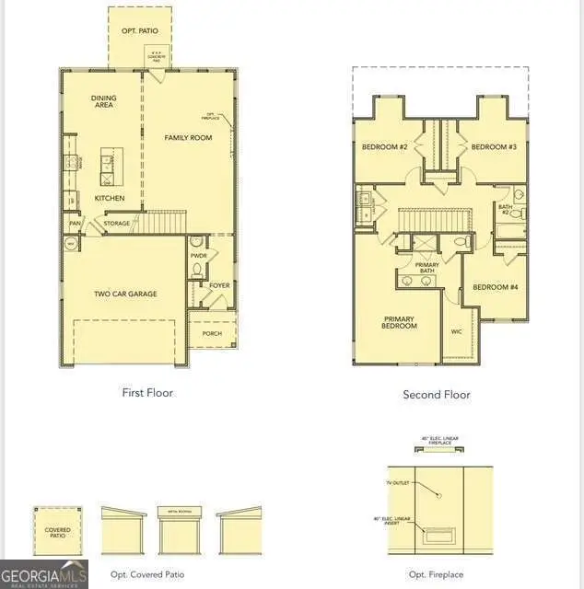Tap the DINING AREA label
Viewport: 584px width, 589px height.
coord(103,102)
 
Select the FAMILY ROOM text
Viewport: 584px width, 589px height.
coord(188,138)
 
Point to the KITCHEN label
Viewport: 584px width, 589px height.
coord(109,198)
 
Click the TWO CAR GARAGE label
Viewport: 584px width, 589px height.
coord(125,294)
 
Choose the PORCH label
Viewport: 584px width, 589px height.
coord(212,334)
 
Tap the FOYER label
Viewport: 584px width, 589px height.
coord(219,285)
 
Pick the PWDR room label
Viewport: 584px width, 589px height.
coord(198,255)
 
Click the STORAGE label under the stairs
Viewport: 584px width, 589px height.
coord(117,224)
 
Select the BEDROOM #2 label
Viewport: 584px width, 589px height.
coord(384,147)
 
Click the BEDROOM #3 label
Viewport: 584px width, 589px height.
coord(494,147)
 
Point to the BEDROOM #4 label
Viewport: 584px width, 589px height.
coord(496,287)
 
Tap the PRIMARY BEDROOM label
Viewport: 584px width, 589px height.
coord(400,323)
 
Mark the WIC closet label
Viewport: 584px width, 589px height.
coord(456,331)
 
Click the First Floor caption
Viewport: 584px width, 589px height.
coord(147,393)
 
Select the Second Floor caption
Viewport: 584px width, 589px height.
coord(437,395)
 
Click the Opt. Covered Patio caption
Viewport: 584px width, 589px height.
coord(147,574)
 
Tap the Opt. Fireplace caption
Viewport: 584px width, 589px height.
coord(437,574)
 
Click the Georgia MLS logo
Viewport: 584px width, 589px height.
coord(44,573)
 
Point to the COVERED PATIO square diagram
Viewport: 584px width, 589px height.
coord(58,531)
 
